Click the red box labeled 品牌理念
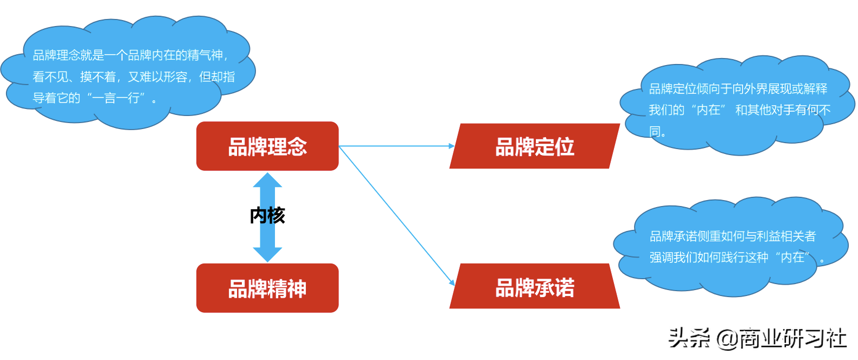pyautogui.click(x=267, y=146)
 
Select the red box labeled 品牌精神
pyautogui.click(x=267, y=288)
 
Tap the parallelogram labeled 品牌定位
pyautogui.click(x=535, y=146)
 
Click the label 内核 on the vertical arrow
pyautogui.click(x=267, y=216)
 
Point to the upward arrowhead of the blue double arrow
pyautogui.click(x=267, y=180)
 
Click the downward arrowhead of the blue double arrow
pyautogui.click(x=267, y=254)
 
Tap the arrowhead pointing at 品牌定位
pyautogui.click(x=452, y=146)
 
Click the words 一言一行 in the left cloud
pyautogui.click(x=118, y=98)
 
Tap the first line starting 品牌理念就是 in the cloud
pyautogui.click(x=130, y=55)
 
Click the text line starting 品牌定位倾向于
pyautogui.click(x=738, y=89)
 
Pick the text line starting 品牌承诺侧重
pyautogui.click(x=733, y=236)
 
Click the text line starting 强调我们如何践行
pyautogui.click(x=729, y=258)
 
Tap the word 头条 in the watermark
pyautogui.click(x=689, y=338)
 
